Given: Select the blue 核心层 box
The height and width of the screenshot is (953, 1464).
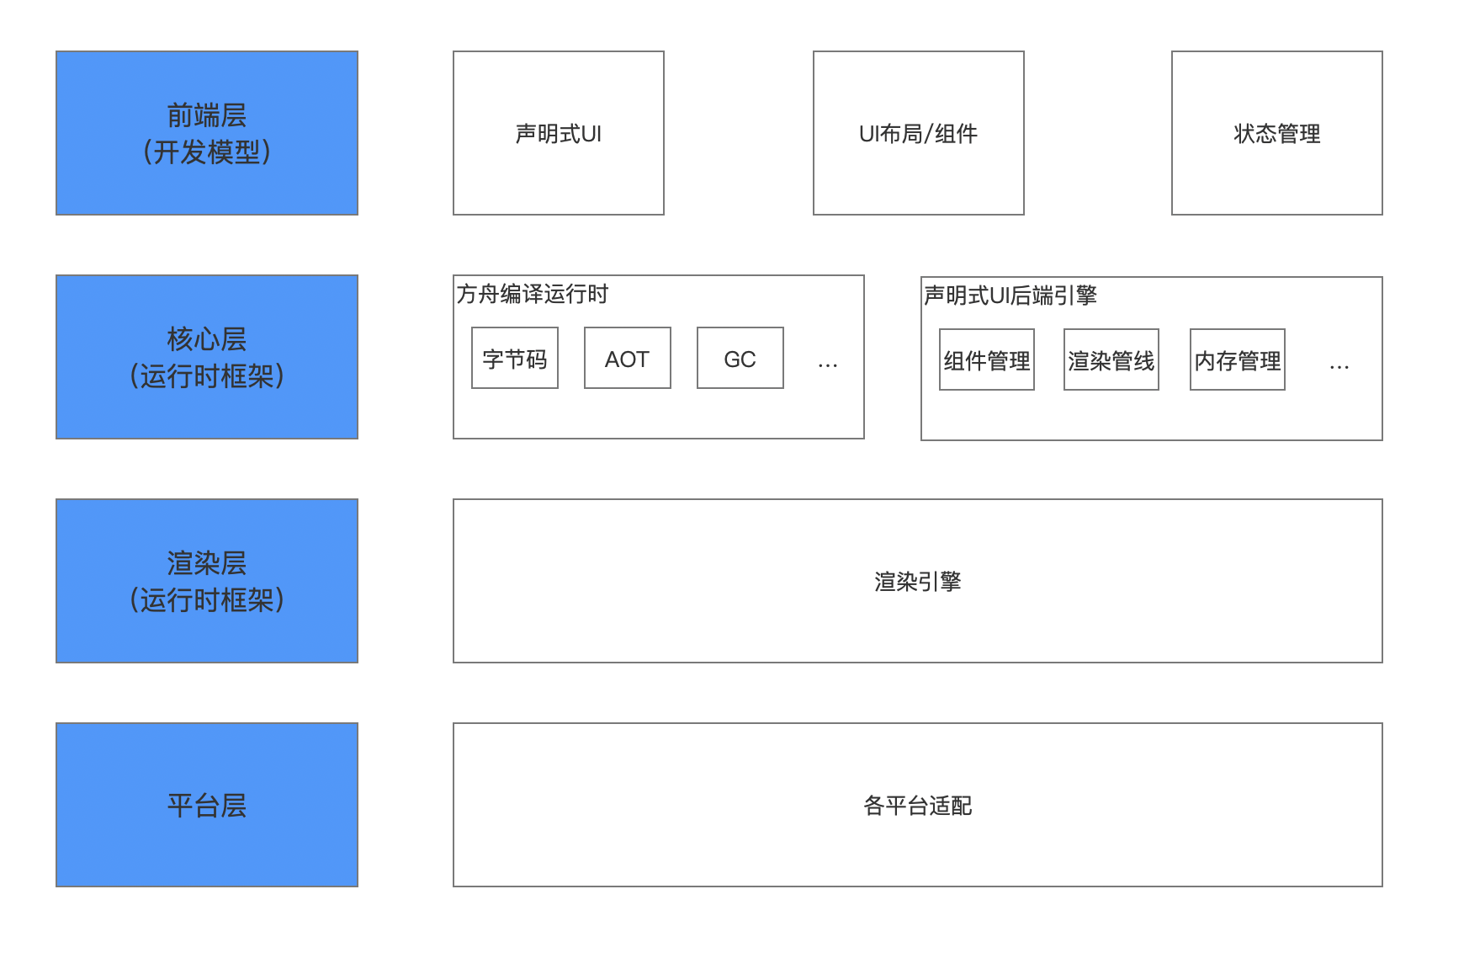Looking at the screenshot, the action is [207, 356].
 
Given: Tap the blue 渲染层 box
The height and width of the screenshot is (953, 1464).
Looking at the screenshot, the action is [207, 580].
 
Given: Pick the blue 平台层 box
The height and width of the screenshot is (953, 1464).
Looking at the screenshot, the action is [207, 804].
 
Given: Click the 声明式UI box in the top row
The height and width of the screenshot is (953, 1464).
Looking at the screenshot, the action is [558, 133].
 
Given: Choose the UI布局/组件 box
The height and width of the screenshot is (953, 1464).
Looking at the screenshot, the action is [918, 133].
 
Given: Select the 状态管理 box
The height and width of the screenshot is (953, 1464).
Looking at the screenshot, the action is [1276, 133].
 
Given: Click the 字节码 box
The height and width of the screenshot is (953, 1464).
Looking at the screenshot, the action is [514, 358].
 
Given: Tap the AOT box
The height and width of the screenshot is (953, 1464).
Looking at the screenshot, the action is [627, 358].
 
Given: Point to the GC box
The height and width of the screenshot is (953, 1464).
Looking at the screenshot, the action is [740, 358].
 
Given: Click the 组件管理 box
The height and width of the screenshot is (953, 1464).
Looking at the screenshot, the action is [986, 359].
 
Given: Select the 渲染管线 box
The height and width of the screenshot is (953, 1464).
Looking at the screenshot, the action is [1111, 359].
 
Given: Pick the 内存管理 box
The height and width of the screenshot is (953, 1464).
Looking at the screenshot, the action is [1237, 359].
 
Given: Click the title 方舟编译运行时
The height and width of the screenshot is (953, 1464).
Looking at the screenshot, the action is [532, 294].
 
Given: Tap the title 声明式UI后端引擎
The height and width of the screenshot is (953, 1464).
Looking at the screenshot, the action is [1010, 295].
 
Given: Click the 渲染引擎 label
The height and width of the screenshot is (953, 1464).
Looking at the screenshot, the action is [917, 581].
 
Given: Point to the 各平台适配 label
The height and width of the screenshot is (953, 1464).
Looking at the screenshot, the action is [917, 805].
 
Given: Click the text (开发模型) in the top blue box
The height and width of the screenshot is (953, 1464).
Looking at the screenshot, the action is [207, 152].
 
